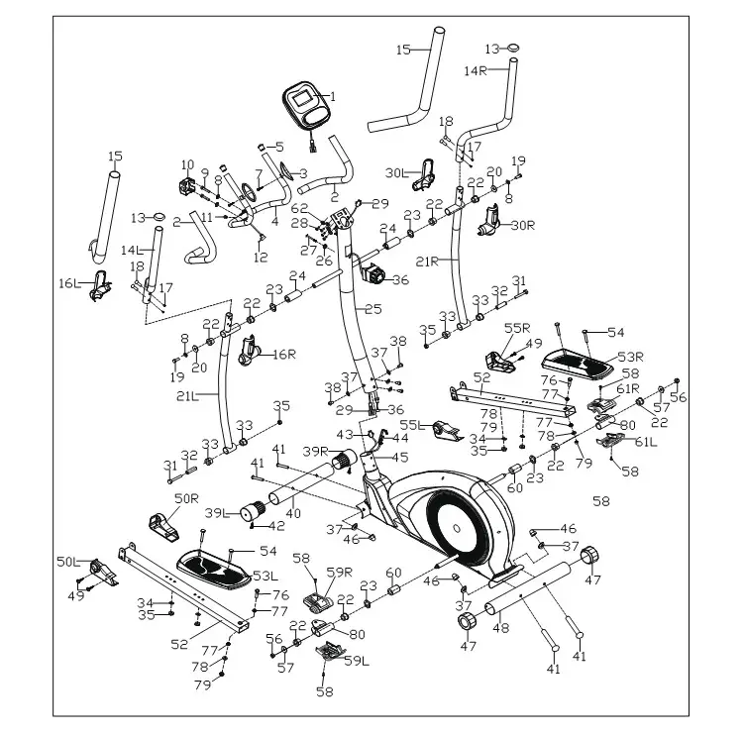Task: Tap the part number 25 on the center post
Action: (x=372, y=310)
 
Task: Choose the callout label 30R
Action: (x=522, y=226)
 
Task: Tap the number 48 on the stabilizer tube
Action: (x=503, y=627)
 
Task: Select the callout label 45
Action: (x=401, y=458)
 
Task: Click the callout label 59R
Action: (x=340, y=572)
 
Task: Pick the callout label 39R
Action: (x=316, y=452)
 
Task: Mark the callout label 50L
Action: (x=67, y=562)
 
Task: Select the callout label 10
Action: (x=187, y=164)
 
